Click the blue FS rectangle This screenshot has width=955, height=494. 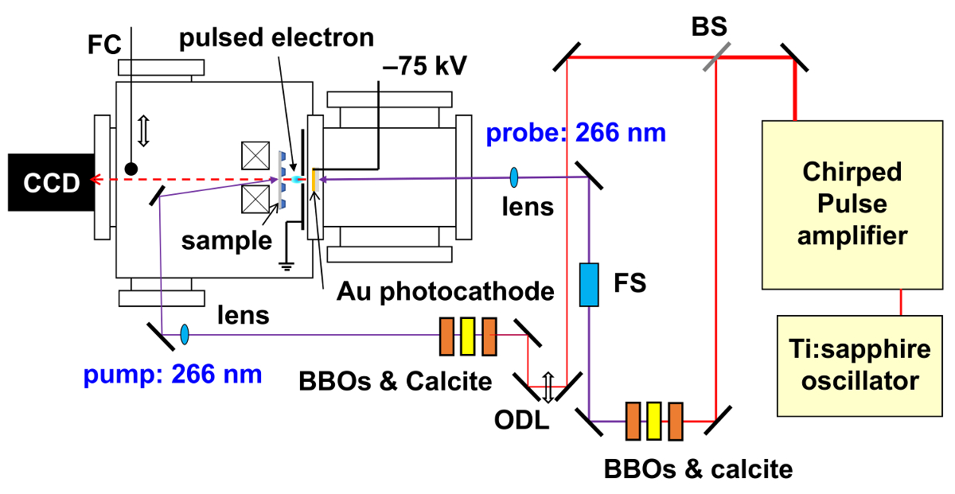588,284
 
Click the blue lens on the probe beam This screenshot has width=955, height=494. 514,175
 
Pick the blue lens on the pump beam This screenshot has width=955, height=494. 185,334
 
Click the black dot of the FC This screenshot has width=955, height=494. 131,169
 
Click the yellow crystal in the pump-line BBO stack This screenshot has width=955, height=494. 467,336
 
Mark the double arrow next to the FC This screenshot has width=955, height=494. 143,130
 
